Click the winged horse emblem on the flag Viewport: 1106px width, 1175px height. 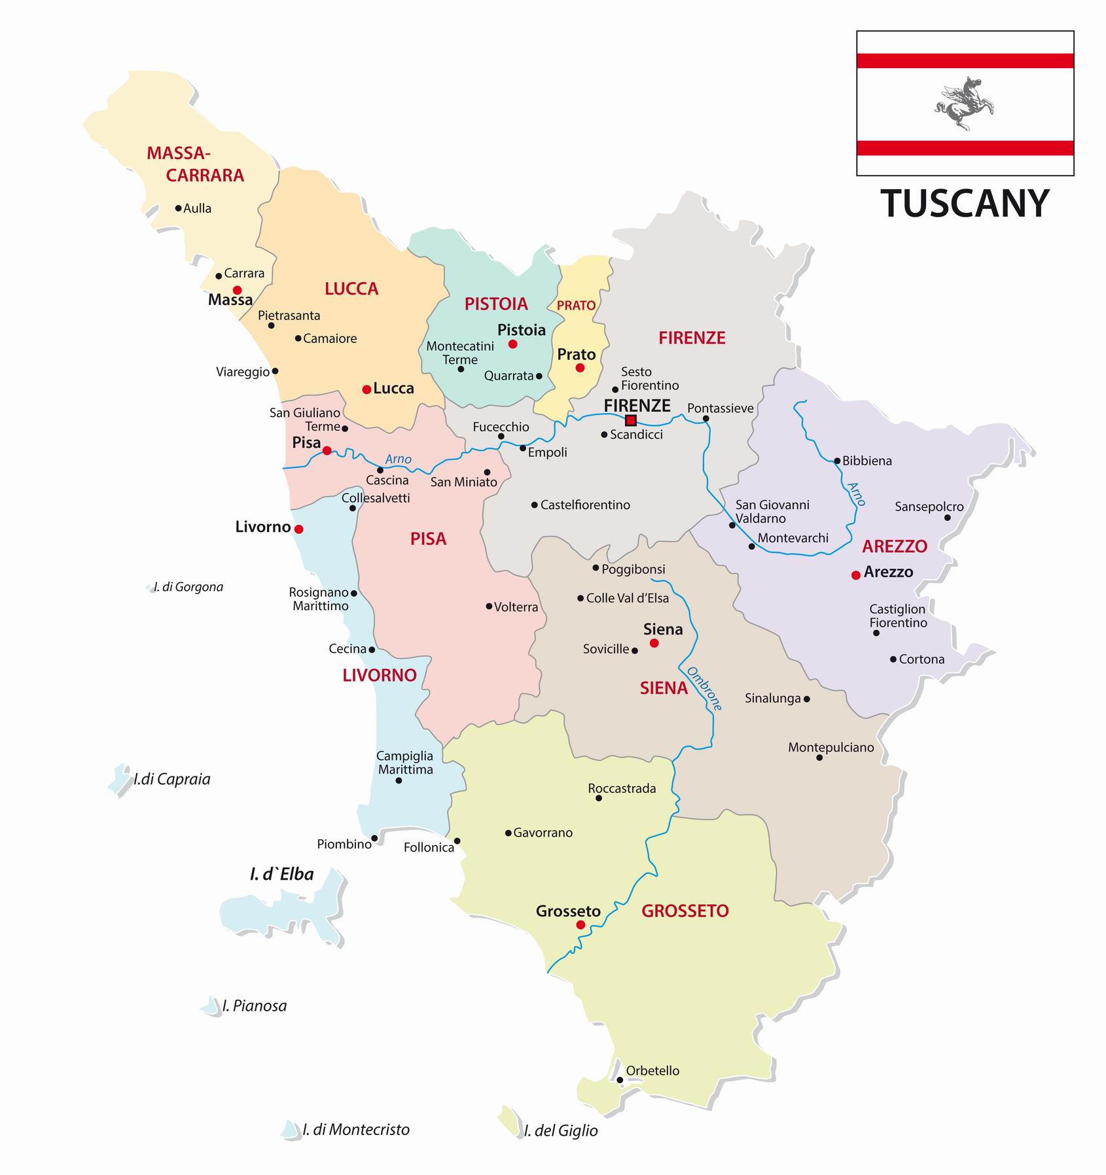point(964,103)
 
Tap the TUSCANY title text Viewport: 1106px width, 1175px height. point(965,204)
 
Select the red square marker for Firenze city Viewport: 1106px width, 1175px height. point(631,420)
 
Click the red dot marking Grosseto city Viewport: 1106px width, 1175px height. point(580,925)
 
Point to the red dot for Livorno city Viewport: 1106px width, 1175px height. point(299,529)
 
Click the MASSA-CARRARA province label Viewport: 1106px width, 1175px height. point(187,164)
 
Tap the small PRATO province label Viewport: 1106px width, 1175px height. point(576,306)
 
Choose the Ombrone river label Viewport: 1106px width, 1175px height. point(704,689)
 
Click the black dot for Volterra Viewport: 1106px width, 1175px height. point(489,606)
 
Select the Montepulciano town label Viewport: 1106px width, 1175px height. point(830,748)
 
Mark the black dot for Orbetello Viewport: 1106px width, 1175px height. point(620,1080)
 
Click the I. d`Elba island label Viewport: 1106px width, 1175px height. point(281,875)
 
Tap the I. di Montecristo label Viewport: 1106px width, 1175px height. point(355,1129)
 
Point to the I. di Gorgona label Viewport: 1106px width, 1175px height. point(188,587)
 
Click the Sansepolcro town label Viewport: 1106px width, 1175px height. point(929,507)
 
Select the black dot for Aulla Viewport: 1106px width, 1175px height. point(178,208)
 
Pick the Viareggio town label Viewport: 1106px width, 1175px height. point(243,372)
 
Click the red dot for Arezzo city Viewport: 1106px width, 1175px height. point(855,575)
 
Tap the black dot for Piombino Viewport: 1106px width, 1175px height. point(374,838)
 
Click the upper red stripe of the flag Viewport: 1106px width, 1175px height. point(965,61)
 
